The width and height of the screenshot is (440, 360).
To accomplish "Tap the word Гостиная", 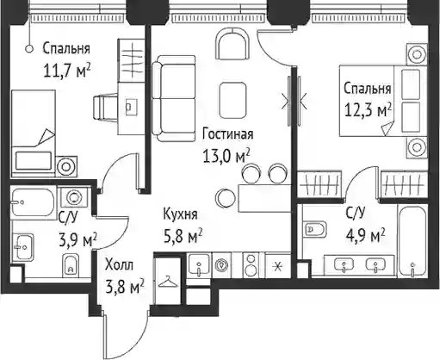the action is coord(228,134).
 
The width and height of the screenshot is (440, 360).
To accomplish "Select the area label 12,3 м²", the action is coord(369,110).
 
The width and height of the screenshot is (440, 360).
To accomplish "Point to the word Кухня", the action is coord(180,214).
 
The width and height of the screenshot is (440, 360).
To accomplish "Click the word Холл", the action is coord(119,264).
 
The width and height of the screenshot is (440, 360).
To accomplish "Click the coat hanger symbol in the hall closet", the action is coord(168,282).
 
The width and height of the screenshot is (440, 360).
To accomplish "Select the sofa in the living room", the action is coord(174,98).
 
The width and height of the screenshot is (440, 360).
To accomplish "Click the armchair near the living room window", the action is coord(232,44).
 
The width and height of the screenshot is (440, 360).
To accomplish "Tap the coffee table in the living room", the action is coord(232,100).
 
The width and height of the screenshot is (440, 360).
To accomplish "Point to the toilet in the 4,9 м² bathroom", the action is coord(316,229).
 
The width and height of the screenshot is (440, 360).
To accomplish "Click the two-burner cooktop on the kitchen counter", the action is coord(251,264).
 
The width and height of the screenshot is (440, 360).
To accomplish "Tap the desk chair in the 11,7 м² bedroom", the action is coord(106,108).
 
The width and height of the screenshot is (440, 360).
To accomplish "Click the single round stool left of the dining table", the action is coord(226,197).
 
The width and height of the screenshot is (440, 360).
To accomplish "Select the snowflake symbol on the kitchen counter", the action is coord(278,267).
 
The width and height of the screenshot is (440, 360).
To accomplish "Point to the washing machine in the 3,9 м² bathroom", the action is coord(73,197).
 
